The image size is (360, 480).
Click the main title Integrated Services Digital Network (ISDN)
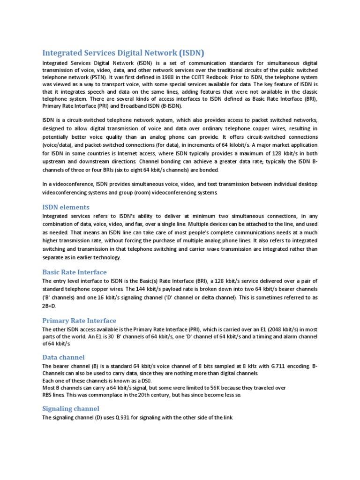coord(124,52)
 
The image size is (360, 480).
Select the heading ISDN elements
coord(66,207)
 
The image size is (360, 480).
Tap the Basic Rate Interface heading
coord(75,272)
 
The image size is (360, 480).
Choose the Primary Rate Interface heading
coord(79,321)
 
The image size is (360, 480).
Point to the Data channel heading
coord(63,357)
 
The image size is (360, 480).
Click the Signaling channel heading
coord(71,409)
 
